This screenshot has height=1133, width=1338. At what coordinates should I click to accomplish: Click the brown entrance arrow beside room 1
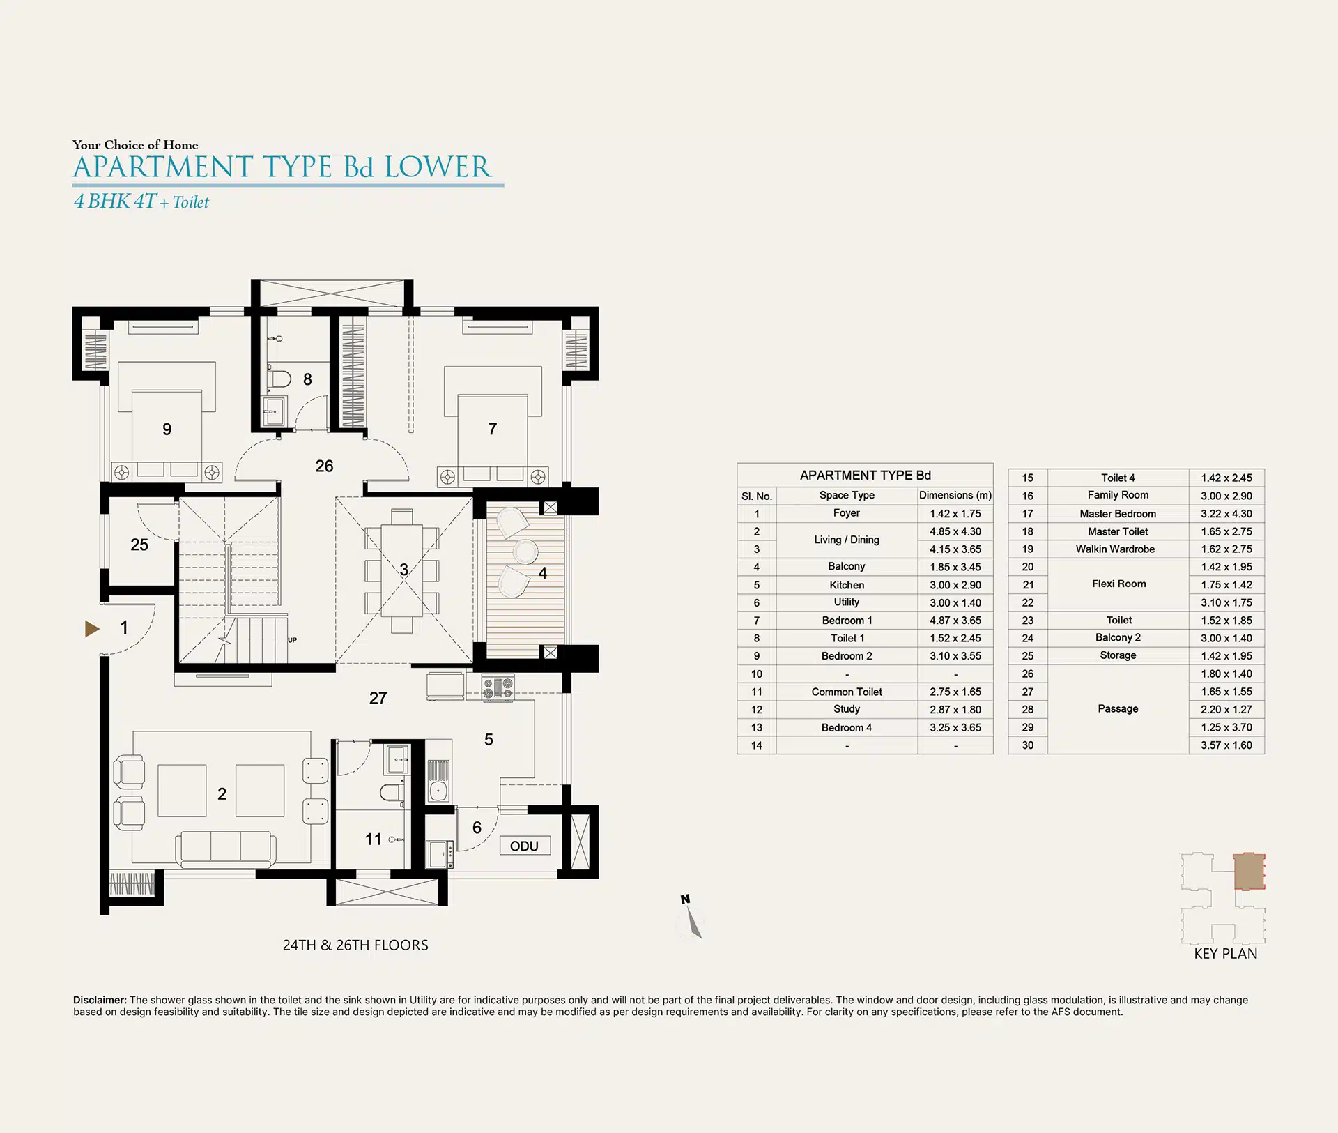coord(92,629)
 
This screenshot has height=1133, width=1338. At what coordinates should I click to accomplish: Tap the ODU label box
coord(525,846)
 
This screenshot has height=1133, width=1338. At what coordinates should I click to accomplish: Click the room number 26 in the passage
coord(324,466)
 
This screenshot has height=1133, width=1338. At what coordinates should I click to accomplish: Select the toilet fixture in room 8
coord(280,379)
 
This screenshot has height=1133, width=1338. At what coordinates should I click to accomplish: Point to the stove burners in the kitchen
coord(498,688)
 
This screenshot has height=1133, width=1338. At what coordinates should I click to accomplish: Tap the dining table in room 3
coord(402,570)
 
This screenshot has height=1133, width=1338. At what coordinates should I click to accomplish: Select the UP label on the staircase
coord(292,639)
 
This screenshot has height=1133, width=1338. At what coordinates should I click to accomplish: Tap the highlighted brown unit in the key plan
coord(1249,872)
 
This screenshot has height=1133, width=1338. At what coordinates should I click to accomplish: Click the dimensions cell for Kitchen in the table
coord(955,585)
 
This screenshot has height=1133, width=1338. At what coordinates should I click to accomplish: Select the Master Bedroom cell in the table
coord(1118,513)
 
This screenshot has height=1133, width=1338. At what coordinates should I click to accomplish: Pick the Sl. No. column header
coord(757,496)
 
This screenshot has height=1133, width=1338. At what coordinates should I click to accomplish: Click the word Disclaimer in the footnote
coord(100,1000)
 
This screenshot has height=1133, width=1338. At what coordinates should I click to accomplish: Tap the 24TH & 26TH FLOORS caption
coord(355,945)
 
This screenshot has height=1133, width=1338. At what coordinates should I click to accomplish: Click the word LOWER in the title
coord(438,167)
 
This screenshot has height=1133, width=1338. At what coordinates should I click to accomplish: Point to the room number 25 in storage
coord(139,545)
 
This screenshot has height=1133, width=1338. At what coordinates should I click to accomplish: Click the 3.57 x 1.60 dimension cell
coord(1226,745)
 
